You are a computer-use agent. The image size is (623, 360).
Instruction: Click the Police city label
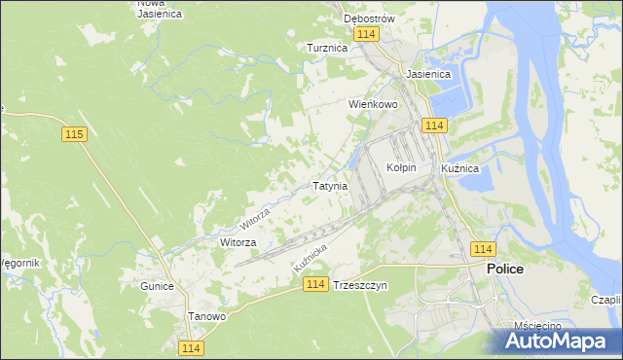coord(505,269)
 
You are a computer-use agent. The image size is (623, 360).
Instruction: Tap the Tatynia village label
coord(329,185)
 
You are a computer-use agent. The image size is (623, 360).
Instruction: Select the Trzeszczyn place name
coord(360,286)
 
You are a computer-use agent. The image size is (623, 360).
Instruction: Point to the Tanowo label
coord(206,316)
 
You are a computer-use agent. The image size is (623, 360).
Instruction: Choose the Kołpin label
coord(401,167)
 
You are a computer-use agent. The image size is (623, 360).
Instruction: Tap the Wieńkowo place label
coord(374,103)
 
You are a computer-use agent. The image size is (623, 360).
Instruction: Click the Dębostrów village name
coord(368,18)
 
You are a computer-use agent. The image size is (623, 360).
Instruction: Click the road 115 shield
coord(74,134)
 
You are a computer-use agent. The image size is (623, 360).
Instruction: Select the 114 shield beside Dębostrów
coord(366,34)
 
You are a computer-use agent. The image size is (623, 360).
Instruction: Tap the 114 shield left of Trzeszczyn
coord(313,283)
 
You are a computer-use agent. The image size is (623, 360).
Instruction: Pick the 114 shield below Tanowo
coord(190,347)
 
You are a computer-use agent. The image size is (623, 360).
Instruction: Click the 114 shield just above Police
coord(482,249)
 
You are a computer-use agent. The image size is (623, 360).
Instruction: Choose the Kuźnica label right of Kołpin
coord(459,168)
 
